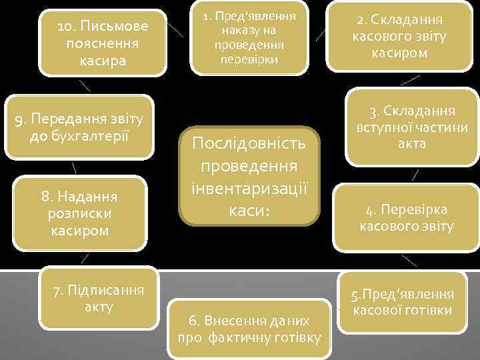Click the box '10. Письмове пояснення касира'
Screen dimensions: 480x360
[x=102, y=43]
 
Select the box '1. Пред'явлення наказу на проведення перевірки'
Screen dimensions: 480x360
[x=249, y=38]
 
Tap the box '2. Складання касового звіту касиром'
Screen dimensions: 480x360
[x=399, y=37]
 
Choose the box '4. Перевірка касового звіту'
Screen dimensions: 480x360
[x=407, y=218]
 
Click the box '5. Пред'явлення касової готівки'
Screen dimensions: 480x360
[x=403, y=302]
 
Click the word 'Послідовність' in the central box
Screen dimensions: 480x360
[x=249, y=143]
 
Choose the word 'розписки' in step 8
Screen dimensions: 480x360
[x=79, y=215]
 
